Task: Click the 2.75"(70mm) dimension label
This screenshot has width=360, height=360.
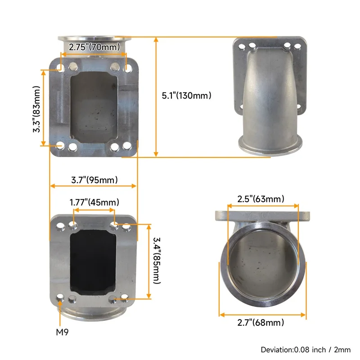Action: tap(94, 47)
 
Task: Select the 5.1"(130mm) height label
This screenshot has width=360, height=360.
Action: tap(186, 95)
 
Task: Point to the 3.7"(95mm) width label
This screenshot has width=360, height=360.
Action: tap(94, 180)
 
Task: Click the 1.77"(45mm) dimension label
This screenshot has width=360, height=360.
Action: tap(94, 202)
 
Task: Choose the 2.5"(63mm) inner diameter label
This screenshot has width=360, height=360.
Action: tap(261, 199)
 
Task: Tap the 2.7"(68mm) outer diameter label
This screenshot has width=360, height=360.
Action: tap(261, 322)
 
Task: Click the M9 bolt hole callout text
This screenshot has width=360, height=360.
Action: tap(63, 333)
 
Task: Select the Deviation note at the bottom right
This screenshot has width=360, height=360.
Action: tap(306, 349)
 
